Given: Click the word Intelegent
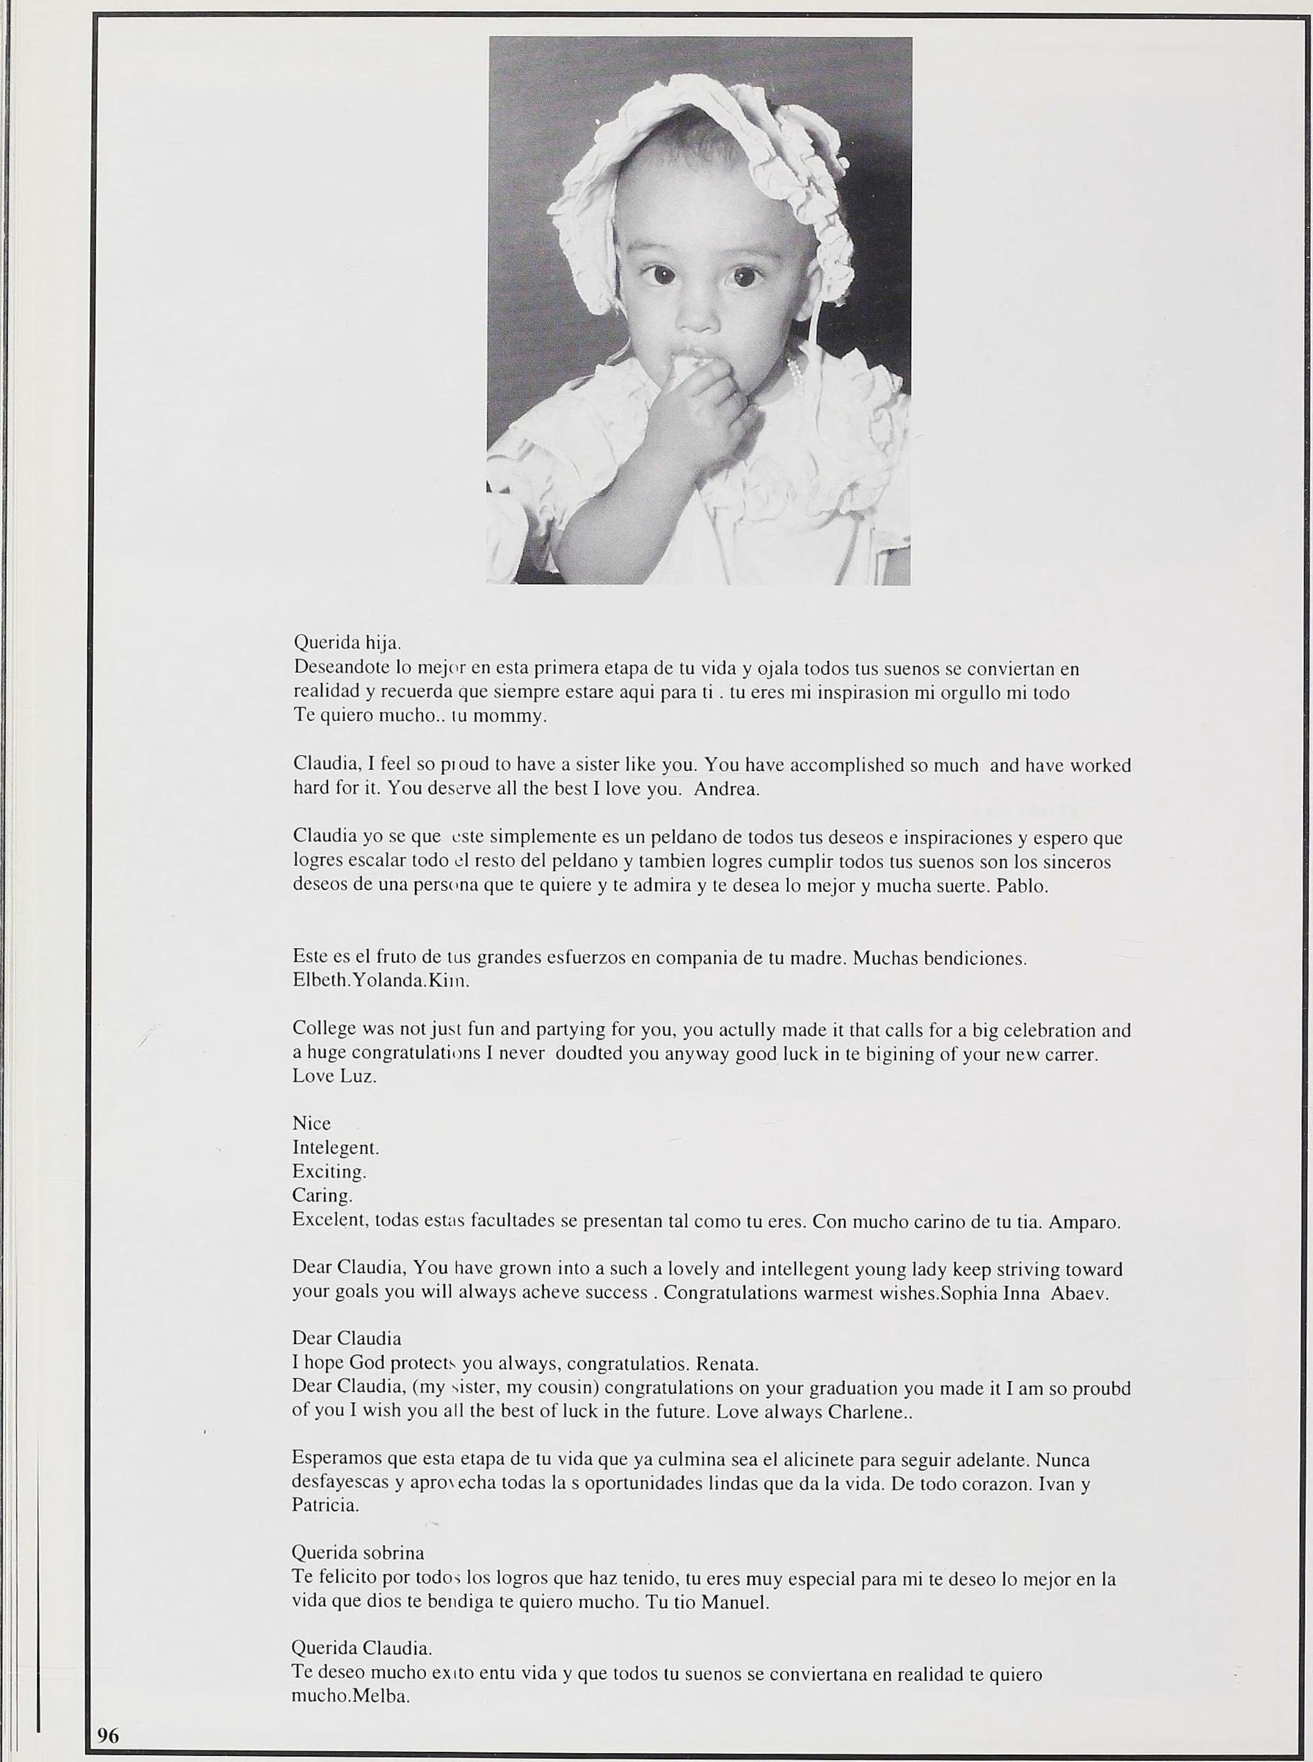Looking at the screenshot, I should pos(336,1148).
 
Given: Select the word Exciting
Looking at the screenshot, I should pos(329,1172).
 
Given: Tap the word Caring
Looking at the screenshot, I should pos(322,1196).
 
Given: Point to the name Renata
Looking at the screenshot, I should pos(727,1365).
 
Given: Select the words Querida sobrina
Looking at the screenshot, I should pos(358,1553).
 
